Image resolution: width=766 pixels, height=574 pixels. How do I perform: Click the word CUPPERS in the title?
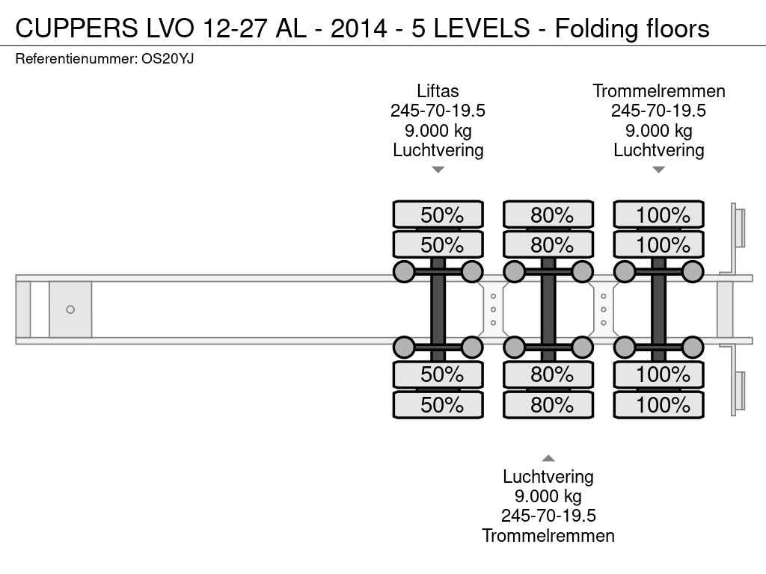pos(77,28)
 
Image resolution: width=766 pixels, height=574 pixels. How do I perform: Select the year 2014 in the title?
pos(358,28)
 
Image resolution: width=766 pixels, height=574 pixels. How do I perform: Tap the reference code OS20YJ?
pos(168,59)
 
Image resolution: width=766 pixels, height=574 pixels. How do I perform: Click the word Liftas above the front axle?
pos(438,91)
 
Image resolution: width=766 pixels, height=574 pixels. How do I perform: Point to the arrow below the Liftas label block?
pos(438,170)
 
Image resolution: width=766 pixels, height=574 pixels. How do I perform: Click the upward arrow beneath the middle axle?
pos(548,458)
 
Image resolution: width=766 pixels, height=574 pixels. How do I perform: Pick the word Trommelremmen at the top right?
pos(658,91)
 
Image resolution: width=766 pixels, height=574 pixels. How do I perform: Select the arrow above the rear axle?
pos(658,170)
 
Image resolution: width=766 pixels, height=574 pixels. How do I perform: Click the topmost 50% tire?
pos(438,215)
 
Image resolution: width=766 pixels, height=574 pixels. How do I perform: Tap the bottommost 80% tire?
pos(548,404)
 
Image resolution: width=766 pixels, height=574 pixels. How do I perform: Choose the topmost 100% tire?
pos(658,215)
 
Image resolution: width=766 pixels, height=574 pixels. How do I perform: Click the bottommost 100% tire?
pos(658,404)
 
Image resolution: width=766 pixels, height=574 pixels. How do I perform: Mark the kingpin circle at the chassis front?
pos(70,309)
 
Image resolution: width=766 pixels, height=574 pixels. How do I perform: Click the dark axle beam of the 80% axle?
pos(548,309)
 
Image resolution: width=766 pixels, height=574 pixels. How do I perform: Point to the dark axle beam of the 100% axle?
pos(658,309)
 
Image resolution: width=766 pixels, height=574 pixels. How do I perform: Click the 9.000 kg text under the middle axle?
pos(548,496)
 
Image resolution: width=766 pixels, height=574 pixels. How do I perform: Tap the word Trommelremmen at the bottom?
pos(548,535)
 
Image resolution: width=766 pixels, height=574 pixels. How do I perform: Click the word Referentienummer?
pos(76,59)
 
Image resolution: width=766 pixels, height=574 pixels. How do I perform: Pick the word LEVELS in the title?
pos(482,28)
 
